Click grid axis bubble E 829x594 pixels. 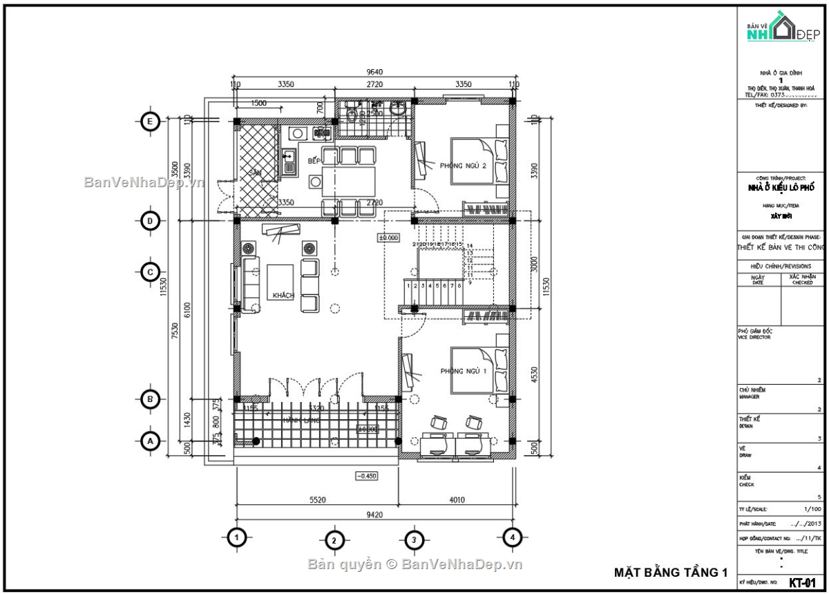click(149, 122)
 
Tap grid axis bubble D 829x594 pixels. click(149, 221)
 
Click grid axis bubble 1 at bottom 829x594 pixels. click(237, 537)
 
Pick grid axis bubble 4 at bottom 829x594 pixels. click(511, 537)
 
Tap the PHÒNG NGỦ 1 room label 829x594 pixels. click(464, 372)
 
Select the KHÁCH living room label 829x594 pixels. click(283, 296)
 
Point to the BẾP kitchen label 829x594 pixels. click(314, 161)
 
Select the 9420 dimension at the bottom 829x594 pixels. click(374, 514)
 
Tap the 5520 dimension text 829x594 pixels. click(316, 499)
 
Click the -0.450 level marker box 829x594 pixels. click(366, 475)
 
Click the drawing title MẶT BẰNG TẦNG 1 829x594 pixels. click(671, 572)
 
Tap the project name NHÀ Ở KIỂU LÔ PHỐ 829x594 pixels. click(781, 188)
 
